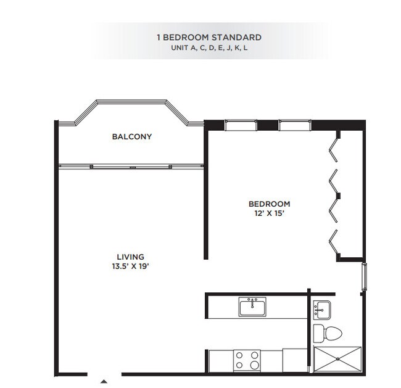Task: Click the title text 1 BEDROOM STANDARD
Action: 209,38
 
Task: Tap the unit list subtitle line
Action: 209,48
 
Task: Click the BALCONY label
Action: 131,136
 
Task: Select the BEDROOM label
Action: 269,204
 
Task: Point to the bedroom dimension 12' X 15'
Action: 269,213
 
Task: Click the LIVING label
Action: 130,257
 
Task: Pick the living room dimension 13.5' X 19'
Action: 130,266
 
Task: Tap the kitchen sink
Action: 252,306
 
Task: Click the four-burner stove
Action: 247,360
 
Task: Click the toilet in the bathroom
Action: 326,334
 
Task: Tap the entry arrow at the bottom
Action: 104,380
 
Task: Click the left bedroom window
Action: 241,126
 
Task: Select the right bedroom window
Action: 294,126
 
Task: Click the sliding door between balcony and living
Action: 131,165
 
